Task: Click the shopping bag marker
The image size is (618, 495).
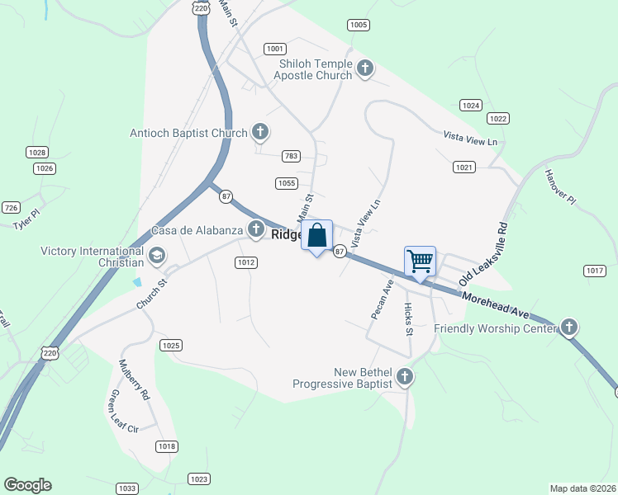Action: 316,236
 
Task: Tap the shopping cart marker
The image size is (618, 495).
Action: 421,262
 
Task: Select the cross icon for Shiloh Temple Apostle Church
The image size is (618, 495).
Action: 365,68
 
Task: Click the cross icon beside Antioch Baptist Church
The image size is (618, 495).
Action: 260,131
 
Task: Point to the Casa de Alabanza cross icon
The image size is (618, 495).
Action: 256,229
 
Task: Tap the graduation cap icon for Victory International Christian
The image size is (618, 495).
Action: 157,256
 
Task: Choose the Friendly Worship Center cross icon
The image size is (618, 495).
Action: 569,328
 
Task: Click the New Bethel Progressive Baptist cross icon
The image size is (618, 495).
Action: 405,377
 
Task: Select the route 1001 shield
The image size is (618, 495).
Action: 276,49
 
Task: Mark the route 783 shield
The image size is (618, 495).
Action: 290,156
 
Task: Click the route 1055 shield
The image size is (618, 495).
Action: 286,183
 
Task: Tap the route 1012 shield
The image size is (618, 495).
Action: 246,262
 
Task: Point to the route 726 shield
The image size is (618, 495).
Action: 11,207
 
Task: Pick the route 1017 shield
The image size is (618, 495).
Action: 595,271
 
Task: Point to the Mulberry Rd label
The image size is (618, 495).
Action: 134,379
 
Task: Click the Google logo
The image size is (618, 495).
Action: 28,485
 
